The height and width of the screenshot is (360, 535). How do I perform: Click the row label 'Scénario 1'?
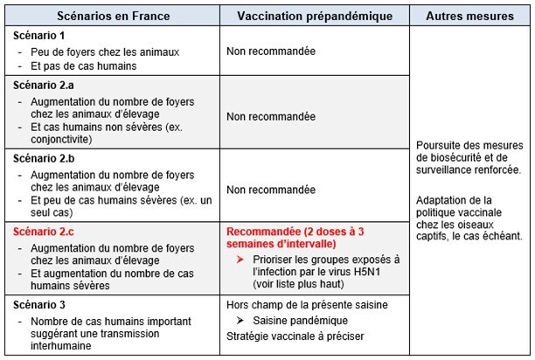[40, 35]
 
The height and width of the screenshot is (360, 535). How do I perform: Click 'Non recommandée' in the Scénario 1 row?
[271, 52]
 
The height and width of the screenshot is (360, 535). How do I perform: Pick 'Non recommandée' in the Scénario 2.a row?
[271, 116]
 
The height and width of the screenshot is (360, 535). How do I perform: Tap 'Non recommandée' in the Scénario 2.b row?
[271, 189]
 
